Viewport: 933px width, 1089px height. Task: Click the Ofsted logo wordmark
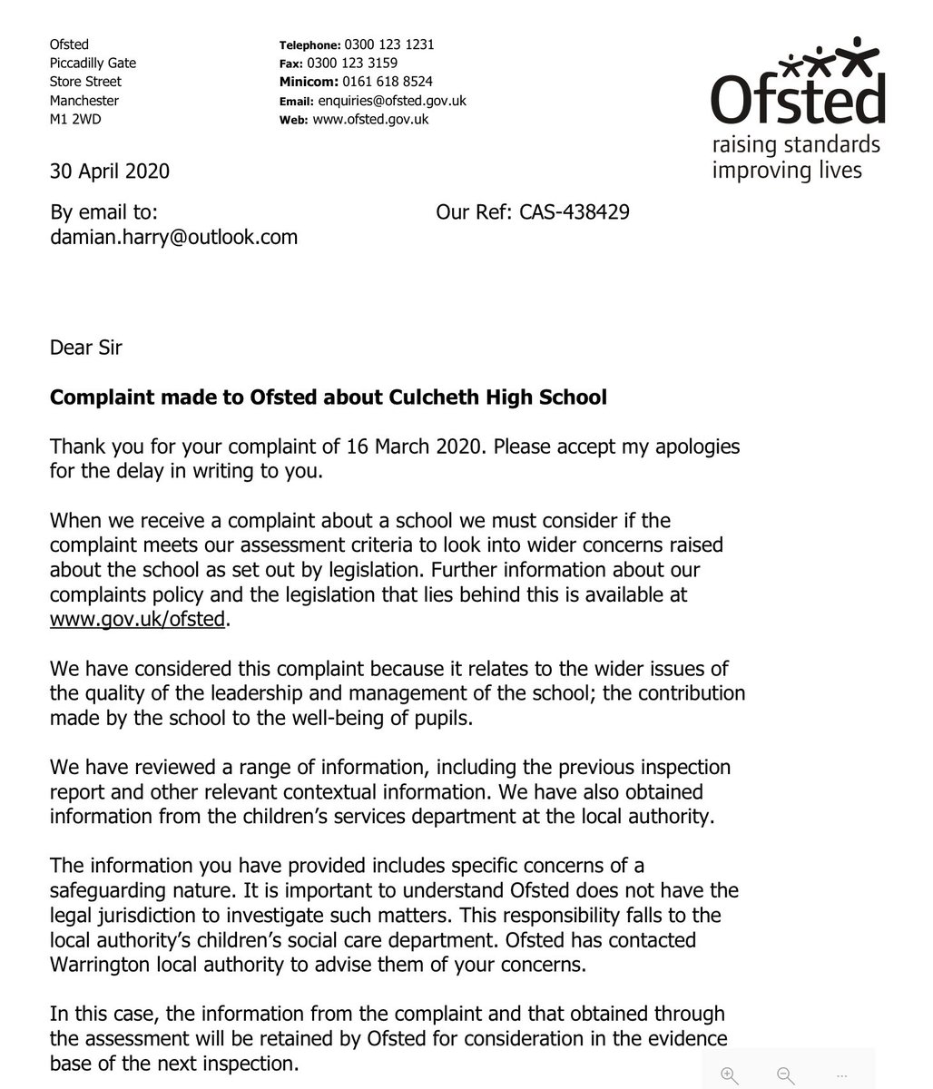pos(797,101)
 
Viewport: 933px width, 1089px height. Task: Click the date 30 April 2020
pos(110,171)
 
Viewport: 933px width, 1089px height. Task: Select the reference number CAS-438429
pos(575,212)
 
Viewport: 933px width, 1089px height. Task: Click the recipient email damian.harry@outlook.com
pos(173,237)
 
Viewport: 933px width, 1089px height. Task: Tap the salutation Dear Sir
pos(85,347)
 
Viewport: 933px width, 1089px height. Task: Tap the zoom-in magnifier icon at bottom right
pos(729,1074)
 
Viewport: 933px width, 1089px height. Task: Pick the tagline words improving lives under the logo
pos(786,169)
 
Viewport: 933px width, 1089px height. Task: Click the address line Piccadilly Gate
pos(93,64)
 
